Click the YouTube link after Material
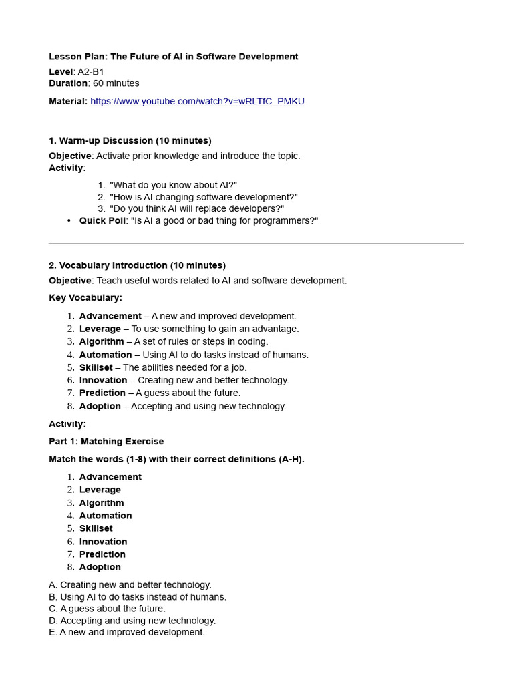coord(197,102)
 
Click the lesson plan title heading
coord(173,57)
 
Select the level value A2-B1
coord(91,72)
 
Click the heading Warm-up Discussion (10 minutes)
coord(130,141)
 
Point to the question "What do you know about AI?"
coord(173,185)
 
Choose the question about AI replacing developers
coord(196,208)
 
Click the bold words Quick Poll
coord(102,221)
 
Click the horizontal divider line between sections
coord(256,244)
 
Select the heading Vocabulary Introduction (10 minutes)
coord(137,265)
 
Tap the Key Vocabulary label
coord(85,298)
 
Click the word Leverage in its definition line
coord(100,329)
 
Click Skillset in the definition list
coord(96,367)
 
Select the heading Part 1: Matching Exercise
coord(106,442)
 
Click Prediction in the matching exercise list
coord(102,554)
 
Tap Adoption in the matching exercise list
coord(100,567)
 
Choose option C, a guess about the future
coord(107,609)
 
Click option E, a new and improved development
coord(127,632)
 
